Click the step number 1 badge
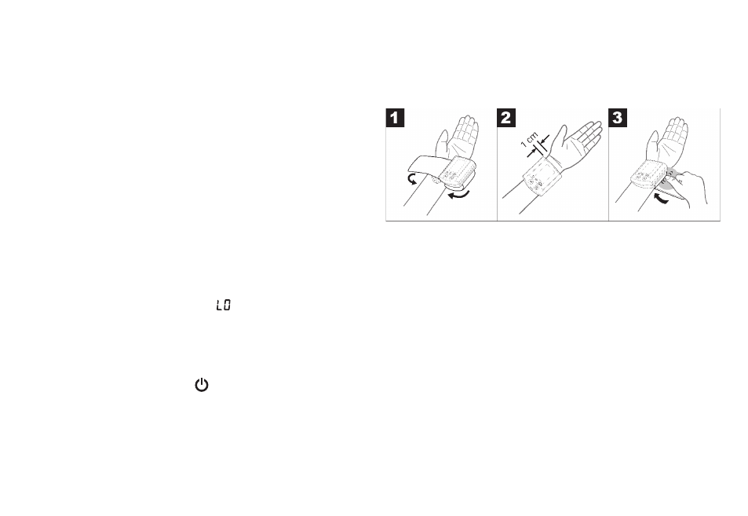click(395, 118)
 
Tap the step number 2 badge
click(506, 118)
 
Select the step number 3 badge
click(618, 118)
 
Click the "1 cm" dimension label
click(530, 139)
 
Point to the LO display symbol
click(223, 305)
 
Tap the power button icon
click(202, 385)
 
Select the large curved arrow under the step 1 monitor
click(458, 195)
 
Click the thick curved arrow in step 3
click(660, 198)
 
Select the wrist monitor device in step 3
click(649, 174)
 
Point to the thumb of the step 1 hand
click(441, 142)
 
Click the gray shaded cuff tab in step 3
click(668, 180)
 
